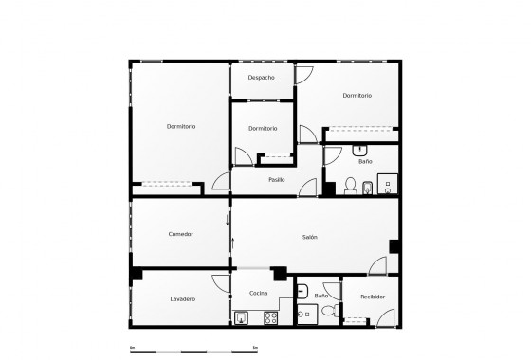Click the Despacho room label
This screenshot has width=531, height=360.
[262, 77]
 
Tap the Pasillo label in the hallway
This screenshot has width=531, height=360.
[277, 179]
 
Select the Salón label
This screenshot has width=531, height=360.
[310, 236]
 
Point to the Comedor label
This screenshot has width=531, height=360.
[181, 234]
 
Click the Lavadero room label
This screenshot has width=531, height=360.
[183, 299]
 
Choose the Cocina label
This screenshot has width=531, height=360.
[258, 293]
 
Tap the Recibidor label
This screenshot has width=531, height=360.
[373, 297]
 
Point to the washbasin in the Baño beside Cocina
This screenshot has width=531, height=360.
[302, 292]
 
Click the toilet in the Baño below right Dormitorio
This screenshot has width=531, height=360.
[350, 186]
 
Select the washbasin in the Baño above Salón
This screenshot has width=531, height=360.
[359, 150]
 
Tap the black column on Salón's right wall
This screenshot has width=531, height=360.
[394, 245]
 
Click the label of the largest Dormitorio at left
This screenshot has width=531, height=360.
[181, 127]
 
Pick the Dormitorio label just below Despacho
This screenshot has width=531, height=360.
[263, 128]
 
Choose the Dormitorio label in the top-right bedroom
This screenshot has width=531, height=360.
[357, 96]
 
